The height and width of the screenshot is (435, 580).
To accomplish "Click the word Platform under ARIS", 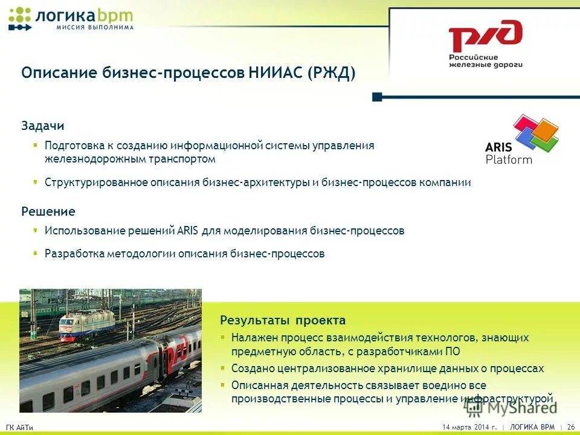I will tap(509, 160).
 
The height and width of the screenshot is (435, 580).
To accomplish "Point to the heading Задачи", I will tap(42, 126).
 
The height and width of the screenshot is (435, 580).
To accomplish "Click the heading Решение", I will tap(48, 211).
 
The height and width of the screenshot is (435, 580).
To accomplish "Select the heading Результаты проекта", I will tap(283, 320).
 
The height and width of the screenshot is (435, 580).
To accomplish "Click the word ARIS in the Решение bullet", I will tap(184, 231).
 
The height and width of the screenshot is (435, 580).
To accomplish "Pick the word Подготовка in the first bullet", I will tap(74, 146).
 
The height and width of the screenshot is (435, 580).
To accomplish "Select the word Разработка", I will tap(74, 254).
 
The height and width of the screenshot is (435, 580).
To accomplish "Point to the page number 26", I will tap(570, 427).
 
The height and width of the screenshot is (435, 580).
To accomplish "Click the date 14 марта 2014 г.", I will tap(469, 427).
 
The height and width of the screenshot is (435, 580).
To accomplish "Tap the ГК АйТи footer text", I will tap(19, 428).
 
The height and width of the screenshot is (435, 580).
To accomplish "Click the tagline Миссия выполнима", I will tap(94, 27).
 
